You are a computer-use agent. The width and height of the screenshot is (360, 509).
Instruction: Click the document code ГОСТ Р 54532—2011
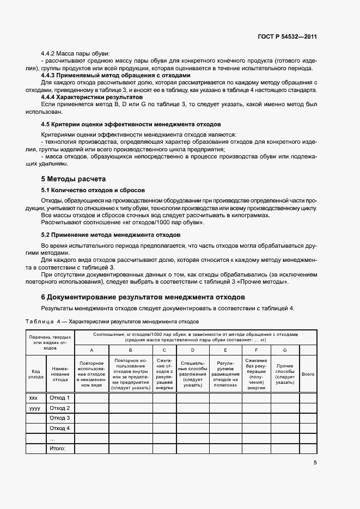tap(288, 37)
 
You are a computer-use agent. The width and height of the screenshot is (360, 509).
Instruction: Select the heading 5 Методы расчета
tap(74, 179)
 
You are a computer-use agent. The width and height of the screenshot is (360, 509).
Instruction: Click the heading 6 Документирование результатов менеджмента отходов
tap(143, 297)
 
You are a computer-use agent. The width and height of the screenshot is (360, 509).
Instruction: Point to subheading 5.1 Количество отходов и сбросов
tap(93, 191)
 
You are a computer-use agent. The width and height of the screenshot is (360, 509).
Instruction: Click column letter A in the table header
tap(91, 349)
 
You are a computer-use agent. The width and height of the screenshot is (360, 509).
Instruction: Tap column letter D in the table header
tap(192, 349)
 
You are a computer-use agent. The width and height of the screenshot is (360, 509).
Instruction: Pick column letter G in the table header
tap(284, 349)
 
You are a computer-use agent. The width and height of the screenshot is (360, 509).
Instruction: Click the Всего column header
tap(308, 374)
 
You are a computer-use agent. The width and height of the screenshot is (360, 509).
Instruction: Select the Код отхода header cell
tap(36, 374)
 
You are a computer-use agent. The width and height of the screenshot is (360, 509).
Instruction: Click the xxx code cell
tap(33, 398)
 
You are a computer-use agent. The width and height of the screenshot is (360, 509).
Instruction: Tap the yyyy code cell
tap(34, 408)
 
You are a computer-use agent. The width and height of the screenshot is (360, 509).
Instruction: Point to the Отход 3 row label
tap(60, 418)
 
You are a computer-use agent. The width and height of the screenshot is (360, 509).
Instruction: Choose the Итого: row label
tap(57, 448)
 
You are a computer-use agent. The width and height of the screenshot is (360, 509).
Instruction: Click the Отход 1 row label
tap(60, 398)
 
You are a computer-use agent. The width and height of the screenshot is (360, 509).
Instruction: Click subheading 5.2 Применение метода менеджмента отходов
tap(111, 234)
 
